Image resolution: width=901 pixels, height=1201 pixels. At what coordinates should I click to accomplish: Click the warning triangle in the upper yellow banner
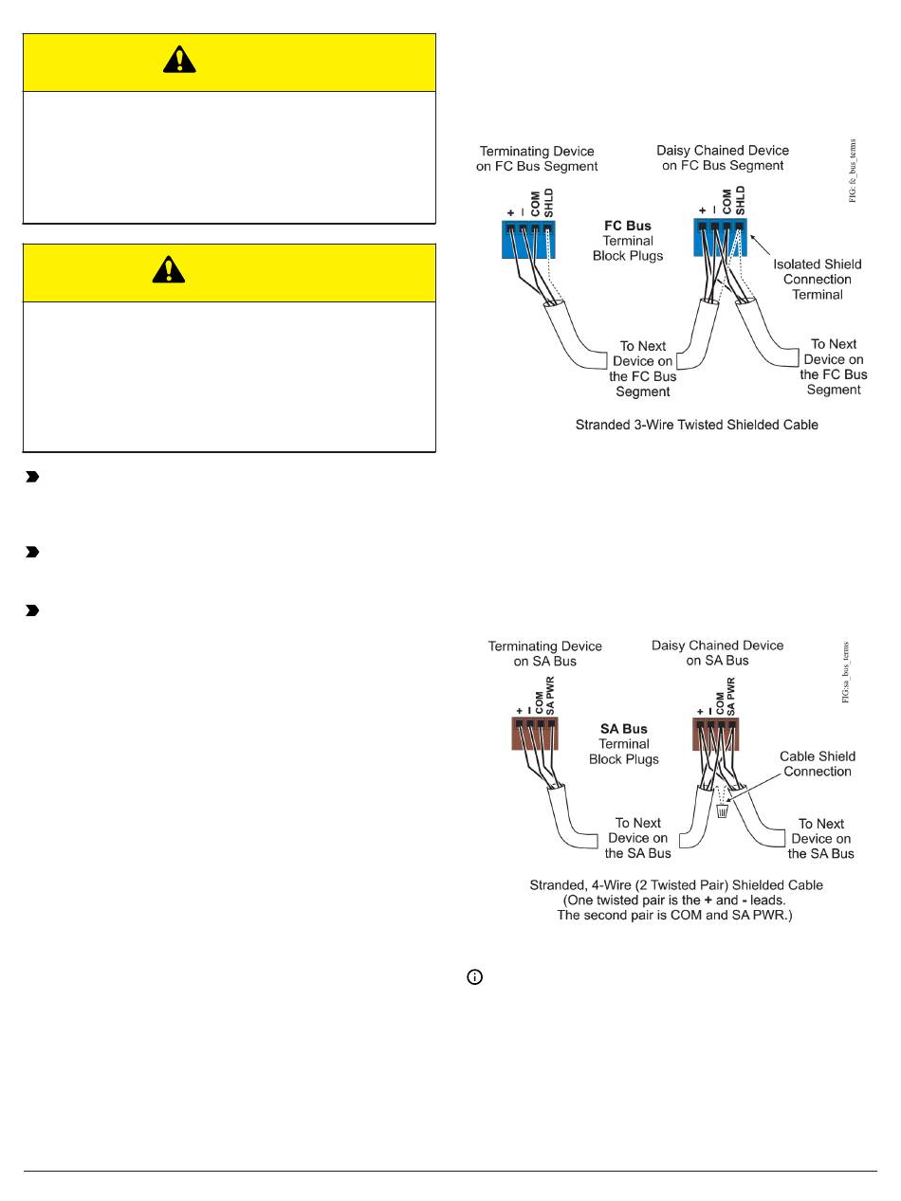click(x=179, y=60)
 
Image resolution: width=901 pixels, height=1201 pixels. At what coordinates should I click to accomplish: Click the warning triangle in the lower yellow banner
click(x=169, y=270)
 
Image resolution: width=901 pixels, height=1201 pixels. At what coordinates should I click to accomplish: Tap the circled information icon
click(x=474, y=976)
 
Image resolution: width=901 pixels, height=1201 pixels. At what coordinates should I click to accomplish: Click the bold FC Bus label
click(x=627, y=226)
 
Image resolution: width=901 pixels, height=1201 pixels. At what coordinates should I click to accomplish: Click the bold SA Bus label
click(x=623, y=729)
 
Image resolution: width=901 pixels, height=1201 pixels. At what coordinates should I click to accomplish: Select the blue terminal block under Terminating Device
click(x=529, y=239)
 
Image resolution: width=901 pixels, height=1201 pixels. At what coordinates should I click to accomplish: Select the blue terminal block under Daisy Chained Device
click(x=721, y=237)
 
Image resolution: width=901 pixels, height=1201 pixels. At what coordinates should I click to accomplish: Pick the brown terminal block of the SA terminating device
click(x=535, y=734)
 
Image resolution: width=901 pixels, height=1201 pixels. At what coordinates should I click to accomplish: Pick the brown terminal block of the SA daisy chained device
click(x=716, y=734)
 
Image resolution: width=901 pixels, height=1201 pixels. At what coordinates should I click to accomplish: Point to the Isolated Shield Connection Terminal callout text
click(x=818, y=280)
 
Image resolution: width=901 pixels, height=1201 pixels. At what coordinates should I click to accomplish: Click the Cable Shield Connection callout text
click(x=818, y=764)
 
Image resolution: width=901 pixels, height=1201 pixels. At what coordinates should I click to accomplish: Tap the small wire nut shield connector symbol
click(x=722, y=810)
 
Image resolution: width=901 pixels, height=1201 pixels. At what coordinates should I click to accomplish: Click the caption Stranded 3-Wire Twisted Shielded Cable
click(x=696, y=425)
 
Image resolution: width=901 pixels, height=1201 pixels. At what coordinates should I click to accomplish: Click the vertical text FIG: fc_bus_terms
click(x=853, y=171)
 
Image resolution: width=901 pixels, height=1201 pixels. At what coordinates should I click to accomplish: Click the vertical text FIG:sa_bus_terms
click(x=846, y=672)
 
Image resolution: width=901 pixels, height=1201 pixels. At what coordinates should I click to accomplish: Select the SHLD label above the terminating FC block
click(x=548, y=203)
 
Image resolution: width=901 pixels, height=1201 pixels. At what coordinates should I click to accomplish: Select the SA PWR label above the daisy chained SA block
click(x=731, y=696)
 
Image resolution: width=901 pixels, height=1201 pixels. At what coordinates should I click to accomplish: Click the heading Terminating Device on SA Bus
click(x=544, y=654)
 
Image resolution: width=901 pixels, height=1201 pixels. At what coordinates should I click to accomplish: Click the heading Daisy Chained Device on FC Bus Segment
click(x=723, y=158)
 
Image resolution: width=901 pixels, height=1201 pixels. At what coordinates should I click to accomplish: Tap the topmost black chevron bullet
click(x=32, y=477)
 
